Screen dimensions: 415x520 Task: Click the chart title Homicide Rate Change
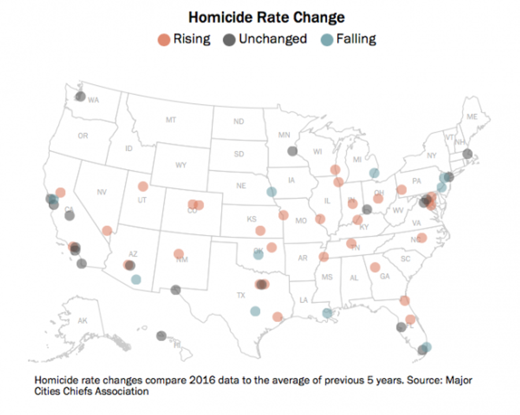pos(267,18)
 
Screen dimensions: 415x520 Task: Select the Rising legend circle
pos(164,39)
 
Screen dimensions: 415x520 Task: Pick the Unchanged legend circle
pos(230,39)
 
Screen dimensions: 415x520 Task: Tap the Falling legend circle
pos(328,39)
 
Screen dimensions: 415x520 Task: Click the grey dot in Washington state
pos(80,97)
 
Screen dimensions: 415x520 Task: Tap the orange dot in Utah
pos(143,186)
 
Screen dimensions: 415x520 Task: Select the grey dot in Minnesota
pos(292,151)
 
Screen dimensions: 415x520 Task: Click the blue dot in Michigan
pos(374,172)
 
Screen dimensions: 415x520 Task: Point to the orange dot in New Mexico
pos(179,254)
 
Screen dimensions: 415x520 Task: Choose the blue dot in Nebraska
pos(272,192)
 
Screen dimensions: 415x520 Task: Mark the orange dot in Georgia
pos(375,267)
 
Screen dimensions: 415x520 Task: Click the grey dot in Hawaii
pos(161,335)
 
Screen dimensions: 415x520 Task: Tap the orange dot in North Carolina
pos(422,238)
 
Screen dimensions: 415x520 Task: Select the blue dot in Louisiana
pos(327,313)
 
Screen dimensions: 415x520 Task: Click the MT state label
pos(171,120)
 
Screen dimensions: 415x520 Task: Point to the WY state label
pos(181,165)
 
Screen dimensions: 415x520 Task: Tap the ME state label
pos(472,117)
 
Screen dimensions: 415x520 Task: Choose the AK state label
pos(82,321)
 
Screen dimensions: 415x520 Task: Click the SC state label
pos(405,258)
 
